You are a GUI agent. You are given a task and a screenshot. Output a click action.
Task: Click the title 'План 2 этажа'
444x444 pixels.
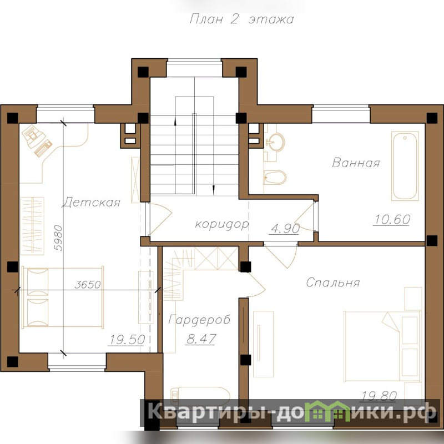tap(241, 19)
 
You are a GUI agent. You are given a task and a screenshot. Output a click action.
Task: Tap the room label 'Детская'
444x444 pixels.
tap(91, 202)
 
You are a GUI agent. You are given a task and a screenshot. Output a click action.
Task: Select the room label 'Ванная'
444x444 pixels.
tap(356, 163)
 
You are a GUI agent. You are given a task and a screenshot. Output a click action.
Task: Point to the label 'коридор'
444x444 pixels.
tap(222, 224)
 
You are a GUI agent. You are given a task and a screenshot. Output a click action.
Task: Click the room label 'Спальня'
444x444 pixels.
tap(333, 282)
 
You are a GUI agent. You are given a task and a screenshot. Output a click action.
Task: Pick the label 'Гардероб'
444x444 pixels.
tap(199, 320)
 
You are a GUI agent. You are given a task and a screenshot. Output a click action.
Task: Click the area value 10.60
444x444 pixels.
tap(392, 219)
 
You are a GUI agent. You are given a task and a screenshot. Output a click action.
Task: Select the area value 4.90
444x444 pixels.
tap(285, 228)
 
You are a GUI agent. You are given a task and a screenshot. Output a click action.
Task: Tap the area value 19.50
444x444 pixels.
tap(127, 339)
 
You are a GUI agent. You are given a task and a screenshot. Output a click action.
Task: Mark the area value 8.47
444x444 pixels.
tap(201, 339)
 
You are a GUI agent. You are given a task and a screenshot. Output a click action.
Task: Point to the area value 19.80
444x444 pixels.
tap(379, 396)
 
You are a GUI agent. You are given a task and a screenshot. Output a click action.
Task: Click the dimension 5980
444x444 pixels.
tap(58, 238)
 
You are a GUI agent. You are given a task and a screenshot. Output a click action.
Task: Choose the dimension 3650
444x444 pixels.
tap(88, 284)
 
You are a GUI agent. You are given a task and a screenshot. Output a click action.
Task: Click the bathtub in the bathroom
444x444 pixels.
tap(405, 166)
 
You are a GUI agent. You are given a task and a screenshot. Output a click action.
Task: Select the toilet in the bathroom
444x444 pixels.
tap(275, 177)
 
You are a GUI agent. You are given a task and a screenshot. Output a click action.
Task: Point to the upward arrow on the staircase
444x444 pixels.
tap(175, 122)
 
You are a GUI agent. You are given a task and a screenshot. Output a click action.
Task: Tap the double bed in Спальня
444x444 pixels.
tap(382, 346)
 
